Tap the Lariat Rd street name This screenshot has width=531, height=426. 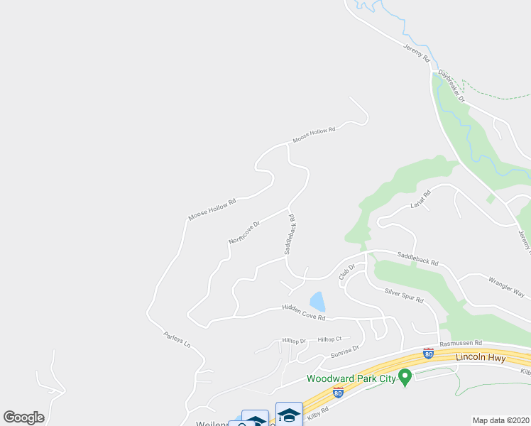pos(421,200)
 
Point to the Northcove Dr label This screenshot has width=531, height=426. pos(244,232)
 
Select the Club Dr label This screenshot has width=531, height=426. pos(346,271)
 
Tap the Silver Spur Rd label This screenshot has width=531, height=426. pos(403,295)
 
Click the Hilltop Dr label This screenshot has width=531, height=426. pos(293,341)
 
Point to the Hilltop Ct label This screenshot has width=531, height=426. pos(330,339)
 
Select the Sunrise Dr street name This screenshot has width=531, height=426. pos(345,351)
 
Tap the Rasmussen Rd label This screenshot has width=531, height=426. pos(461,342)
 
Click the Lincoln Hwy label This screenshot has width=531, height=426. pos(481,357)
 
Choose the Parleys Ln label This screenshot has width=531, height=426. pos(177,339)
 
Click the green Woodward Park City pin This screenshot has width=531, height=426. pos(405,376)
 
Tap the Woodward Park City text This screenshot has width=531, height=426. pos(351,378)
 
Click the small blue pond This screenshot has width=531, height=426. pos(317,302)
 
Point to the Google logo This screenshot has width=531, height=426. pos(23,417)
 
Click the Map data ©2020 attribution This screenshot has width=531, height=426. pos(501,420)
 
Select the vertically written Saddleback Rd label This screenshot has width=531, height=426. pos(290,234)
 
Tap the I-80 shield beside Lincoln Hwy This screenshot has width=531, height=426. pos(428,353)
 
